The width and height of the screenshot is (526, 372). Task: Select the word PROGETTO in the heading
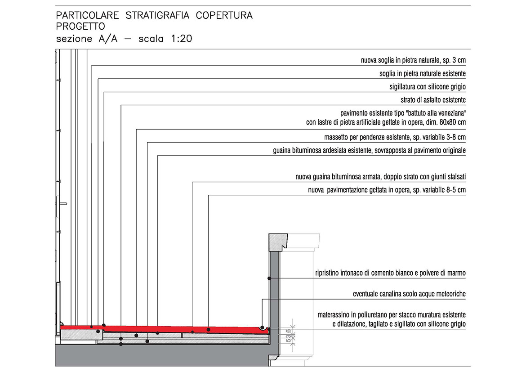click(80, 26)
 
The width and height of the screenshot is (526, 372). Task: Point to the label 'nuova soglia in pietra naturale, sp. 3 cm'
click(413, 60)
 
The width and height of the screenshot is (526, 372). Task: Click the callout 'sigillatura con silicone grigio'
click(428, 86)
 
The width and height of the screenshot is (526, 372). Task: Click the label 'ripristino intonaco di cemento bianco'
click(390, 273)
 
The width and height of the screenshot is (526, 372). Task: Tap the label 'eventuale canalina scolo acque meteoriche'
click(409, 294)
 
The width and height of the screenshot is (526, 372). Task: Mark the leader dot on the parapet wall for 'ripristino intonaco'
click(269, 279)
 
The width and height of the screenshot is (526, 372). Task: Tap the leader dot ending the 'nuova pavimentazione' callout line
click(209, 329)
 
